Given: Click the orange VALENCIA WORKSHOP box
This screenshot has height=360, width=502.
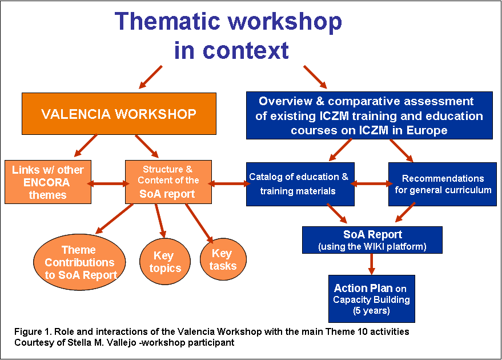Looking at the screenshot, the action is [119, 114].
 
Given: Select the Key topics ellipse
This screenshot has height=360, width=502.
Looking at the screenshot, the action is [165, 262].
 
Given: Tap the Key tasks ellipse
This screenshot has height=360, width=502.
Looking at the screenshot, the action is [223, 259].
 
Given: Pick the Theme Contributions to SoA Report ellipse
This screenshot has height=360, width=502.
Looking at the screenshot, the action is [79, 262].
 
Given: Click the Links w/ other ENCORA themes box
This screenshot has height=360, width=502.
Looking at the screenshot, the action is [48, 182].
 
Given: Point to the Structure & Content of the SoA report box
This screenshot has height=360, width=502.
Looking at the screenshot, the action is [168, 182].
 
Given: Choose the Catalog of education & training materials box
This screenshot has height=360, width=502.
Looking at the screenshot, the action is [300, 184].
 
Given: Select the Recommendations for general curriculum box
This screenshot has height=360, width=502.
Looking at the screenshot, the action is [443, 184].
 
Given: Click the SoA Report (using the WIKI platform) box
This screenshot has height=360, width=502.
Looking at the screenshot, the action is [372, 240].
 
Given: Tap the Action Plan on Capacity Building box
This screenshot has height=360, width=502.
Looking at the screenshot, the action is [372, 299].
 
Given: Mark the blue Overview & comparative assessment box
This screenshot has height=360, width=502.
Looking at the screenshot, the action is [370, 115].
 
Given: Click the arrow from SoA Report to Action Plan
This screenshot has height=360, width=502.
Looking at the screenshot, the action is [371, 264].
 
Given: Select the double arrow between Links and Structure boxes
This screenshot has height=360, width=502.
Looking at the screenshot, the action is [108, 183].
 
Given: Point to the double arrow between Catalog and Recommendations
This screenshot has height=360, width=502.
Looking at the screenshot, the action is [371, 183].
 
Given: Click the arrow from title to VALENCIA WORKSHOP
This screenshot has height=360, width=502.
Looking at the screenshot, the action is [150, 77].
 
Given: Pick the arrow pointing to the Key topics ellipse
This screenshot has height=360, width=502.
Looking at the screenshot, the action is [160, 221].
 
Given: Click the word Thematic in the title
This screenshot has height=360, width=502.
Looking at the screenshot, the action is [167, 21].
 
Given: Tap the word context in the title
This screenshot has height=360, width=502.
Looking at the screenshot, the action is [246, 51].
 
